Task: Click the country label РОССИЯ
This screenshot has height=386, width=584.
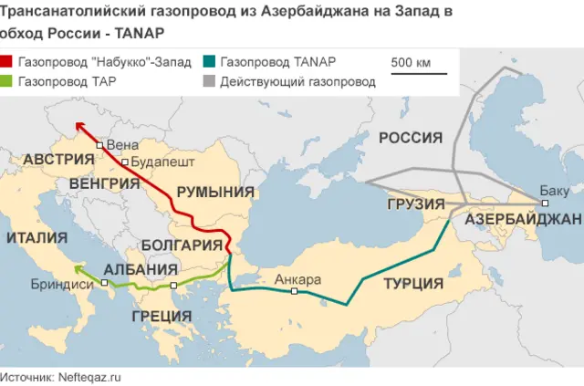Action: [411, 138]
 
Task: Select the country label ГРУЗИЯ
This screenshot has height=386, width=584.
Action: [415, 203]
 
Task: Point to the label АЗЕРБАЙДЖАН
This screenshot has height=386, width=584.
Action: [523, 221]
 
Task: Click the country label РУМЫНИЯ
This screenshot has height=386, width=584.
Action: [215, 192]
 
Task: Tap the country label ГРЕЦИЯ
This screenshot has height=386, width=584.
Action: [162, 316]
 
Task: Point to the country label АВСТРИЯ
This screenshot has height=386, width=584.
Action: [59, 160]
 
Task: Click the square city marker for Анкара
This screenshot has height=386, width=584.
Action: [295, 291]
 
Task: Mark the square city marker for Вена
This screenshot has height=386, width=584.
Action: [99, 145]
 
